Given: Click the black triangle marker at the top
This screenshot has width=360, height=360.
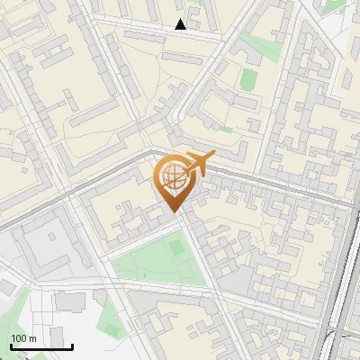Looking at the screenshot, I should [181, 24].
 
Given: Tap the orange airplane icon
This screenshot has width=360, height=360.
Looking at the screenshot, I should [198, 165].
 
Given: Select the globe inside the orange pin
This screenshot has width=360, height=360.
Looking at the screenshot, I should [173, 176].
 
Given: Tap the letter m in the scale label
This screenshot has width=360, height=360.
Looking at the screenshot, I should [34, 338].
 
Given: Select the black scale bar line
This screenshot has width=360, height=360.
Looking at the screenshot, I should [41, 346].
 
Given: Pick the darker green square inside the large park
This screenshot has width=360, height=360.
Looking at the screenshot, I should [175, 244].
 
